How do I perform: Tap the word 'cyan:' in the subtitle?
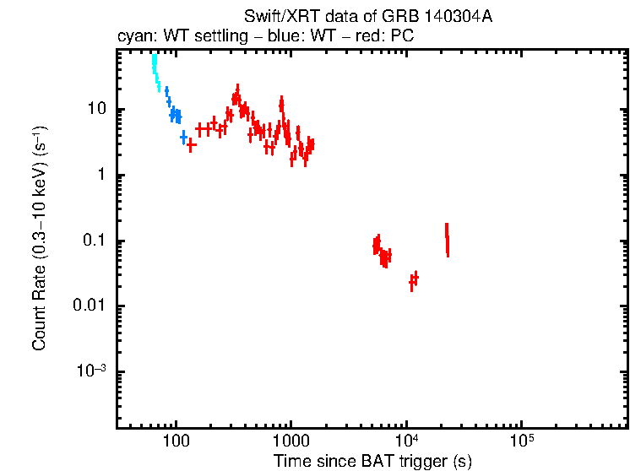(x=133, y=36)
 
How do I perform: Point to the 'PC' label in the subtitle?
(x=402, y=36)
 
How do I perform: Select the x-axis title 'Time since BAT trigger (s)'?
(x=372, y=461)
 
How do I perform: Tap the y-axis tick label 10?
(x=95, y=110)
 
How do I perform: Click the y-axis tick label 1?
(x=100, y=176)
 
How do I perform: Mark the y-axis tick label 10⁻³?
(x=90, y=371)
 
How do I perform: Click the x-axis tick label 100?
(x=176, y=441)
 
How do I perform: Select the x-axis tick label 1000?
(x=291, y=441)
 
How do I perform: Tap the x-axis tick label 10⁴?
(x=407, y=441)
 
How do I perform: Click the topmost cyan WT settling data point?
(x=154, y=60)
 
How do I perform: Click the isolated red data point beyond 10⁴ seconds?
(x=447, y=239)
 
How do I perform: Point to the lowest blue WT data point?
(x=183, y=137)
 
